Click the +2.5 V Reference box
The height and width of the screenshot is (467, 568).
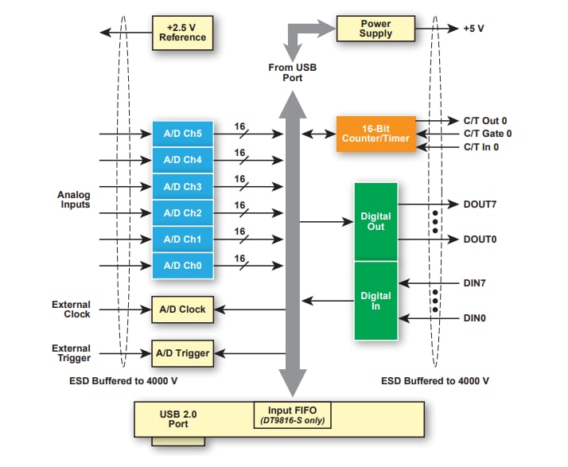coord(183,32)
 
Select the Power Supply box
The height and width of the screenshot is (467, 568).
coord(375,29)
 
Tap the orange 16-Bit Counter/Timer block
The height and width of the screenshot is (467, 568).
coord(375,134)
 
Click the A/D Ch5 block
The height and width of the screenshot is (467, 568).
coord(183,134)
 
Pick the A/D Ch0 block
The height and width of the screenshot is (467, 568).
coord(183,266)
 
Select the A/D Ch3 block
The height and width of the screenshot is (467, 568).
coord(183,187)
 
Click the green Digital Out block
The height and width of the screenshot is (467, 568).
coord(375,221)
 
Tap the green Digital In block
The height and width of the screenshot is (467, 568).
coord(375,301)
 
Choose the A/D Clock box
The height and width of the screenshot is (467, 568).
coord(183,309)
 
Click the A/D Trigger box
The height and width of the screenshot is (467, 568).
coord(183,352)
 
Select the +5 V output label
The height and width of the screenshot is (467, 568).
coord(473,29)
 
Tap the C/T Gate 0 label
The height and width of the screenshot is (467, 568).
coord(487,134)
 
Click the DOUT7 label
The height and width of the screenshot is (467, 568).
coord(480,204)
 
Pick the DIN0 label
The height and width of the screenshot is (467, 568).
coord(476,318)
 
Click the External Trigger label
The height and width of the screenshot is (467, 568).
coord(72,353)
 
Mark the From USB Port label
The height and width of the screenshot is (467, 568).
coord(292,72)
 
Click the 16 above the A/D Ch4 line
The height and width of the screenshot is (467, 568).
coord(239,153)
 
